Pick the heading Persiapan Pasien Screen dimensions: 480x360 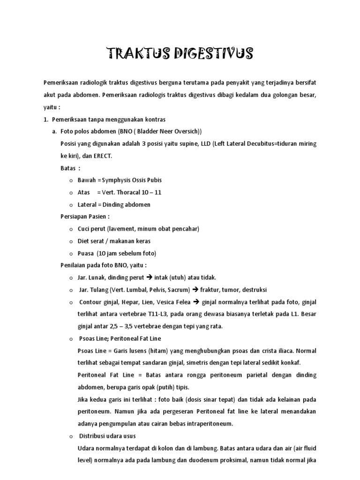[x=85, y=217]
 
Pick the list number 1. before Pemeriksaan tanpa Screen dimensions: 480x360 [x=45, y=119]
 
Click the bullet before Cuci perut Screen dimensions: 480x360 [x=71, y=229]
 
